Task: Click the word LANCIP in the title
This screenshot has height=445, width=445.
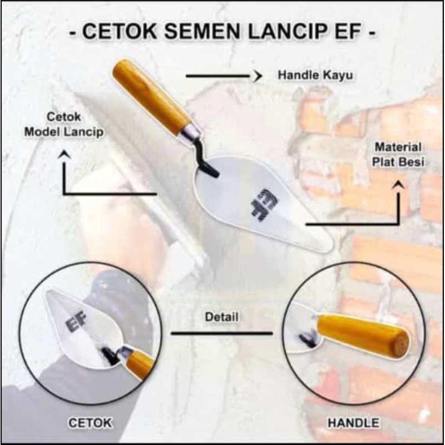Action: pos(291,33)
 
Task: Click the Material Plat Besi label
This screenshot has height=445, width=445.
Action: pos(398,155)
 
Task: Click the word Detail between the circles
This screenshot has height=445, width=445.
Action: pos(221,318)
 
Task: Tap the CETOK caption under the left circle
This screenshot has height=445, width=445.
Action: pos(90,423)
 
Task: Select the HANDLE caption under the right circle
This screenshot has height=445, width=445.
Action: pos(354,423)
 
